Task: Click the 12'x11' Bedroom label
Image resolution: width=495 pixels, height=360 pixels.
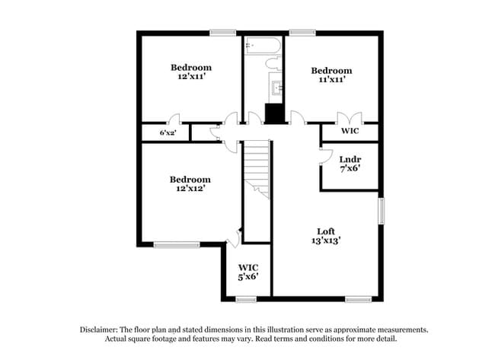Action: (190, 72)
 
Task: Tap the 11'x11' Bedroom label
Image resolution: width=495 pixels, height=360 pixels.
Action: (331, 75)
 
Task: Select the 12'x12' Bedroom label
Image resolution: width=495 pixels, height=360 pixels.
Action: (190, 183)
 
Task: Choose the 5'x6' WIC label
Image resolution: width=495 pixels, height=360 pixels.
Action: (247, 272)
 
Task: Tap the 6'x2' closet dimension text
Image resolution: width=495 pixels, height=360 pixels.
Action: (168, 133)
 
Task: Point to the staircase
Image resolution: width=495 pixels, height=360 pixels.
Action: (257, 171)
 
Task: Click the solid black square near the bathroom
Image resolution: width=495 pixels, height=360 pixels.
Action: (273, 113)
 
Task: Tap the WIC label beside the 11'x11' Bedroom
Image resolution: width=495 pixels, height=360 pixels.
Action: (350, 131)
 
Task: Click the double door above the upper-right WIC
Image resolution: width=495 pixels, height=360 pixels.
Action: (350, 118)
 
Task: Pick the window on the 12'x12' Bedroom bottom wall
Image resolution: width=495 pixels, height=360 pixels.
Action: (177, 244)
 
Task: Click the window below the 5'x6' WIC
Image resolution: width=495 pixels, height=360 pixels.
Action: (246, 299)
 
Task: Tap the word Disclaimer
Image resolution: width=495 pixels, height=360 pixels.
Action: (102, 330)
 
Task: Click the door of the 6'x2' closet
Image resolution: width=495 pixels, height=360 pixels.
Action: (174, 120)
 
